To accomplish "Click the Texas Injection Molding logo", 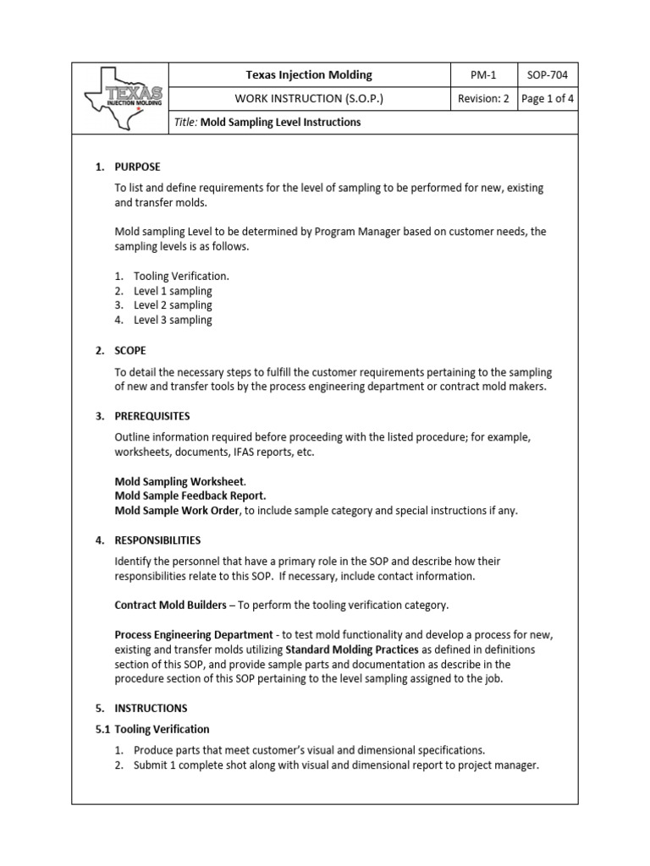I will point(121,98).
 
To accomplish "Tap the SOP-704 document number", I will point(548,75).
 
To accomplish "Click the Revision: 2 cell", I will point(482,99).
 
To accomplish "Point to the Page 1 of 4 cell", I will point(548,99).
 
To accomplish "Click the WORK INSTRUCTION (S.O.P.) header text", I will point(309,99).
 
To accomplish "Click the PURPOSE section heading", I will point(137,167).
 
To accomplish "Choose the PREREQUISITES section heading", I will point(152,416).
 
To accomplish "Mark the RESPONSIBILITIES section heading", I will point(157,540).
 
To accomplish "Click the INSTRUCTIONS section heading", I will point(151,708).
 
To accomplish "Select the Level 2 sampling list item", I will point(173,305).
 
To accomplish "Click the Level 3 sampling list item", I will point(173,321).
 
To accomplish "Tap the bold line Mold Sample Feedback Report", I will point(190,496).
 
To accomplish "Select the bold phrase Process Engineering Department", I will point(194,634).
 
